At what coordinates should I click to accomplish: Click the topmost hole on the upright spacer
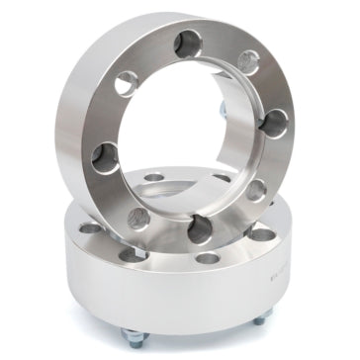point(185,43)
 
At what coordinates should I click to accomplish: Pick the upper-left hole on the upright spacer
point(125,82)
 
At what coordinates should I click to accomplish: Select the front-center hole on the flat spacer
point(207,259)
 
